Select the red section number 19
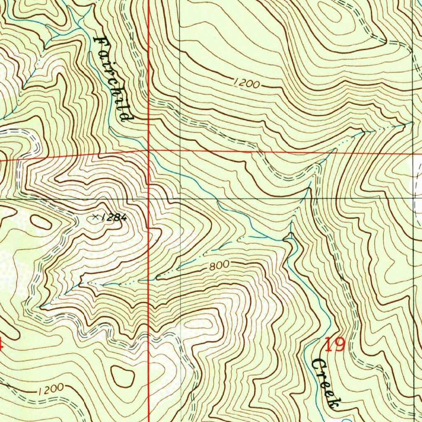[334, 345]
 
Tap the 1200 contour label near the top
[246, 84]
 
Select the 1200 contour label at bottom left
[52, 389]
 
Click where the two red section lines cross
[149, 151]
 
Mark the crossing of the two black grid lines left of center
[181, 199]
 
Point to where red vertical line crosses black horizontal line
[149, 199]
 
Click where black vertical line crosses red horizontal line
[181, 150]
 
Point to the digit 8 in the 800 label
[212, 267]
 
